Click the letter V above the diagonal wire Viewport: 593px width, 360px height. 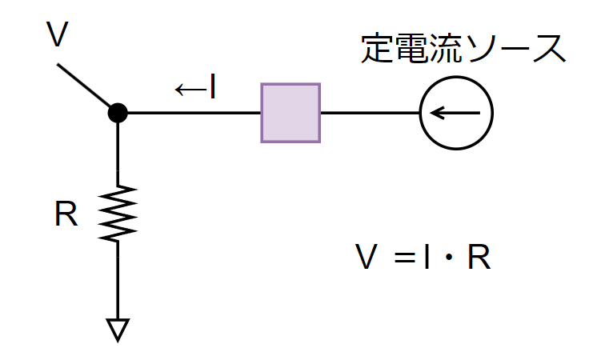pyautogui.click(x=56, y=35)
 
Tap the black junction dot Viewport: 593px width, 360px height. pyautogui.click(x=118, y=113)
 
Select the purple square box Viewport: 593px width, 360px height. pyautogui.click(x=290, y=113)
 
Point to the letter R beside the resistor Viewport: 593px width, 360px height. pyautogui.click(x=66, y=214)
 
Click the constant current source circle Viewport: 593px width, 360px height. pyautogui.click(x=456, y=113)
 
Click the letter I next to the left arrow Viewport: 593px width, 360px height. pyautogui.click(x=212, y=87)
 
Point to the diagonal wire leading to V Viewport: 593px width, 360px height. pyautogui.click(x=86, y=88)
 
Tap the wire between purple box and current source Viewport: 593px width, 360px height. pyautogui.click(x=370, y=113)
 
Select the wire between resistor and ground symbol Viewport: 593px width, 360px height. pyautogui.click(x=118, y=280)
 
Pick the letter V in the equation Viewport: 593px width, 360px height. pyautogui.click(x=367, y=258)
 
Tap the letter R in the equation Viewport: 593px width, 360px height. pyautogui.click(x=479, y=258)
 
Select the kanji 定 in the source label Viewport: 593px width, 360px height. pyautogui.click(x=377, y=50)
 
